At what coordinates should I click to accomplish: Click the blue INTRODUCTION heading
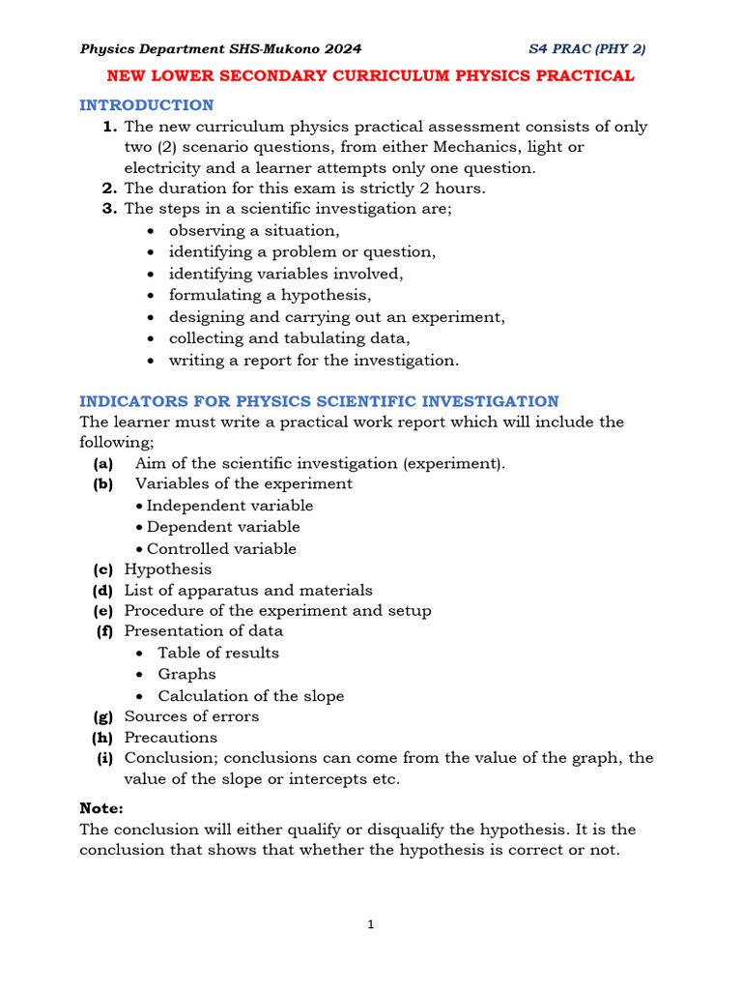coord(146,104)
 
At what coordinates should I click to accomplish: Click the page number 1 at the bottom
coord(370,924)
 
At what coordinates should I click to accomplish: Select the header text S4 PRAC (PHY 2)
coord(587,48)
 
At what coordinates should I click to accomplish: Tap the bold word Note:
coord(101,807)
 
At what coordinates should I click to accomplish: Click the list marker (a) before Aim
coord(103,463)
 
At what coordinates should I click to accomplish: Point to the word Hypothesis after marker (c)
coord(167,569)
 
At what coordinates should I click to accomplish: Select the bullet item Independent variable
coord(229,506)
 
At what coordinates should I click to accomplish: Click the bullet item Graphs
coord(186,674)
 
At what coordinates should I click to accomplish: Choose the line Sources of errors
coord(191,716)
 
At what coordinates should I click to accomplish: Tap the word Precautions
coord(171,737)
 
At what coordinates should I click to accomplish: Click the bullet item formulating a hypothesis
coord(270,295)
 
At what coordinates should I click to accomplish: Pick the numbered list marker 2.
coord(109,189)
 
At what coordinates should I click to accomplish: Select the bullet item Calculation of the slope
coord(250,696)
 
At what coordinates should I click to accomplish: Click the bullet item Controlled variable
coord(221,548)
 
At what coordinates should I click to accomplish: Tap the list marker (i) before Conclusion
coord(104,758)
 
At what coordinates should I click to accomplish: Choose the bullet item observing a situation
coord(254,230)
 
